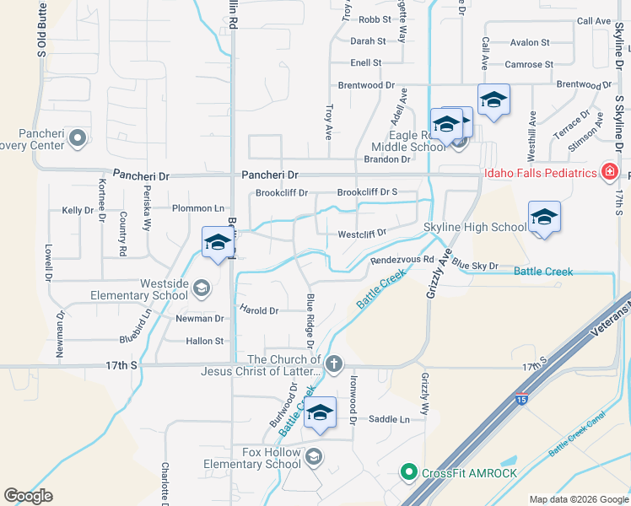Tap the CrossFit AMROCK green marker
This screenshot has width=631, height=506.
pos(409,471)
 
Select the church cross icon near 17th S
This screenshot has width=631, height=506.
pos(334,364)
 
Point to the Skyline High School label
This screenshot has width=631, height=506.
pos(475,227)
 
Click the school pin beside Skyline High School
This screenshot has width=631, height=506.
pos(544,218)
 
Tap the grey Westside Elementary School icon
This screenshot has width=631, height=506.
pos(201,289)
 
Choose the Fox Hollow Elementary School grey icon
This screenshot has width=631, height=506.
pos(313,457)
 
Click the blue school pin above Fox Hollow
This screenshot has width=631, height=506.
pos(320,413)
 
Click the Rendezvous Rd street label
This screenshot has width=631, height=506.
pos(402,260)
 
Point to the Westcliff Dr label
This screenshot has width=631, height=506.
pos(362,234)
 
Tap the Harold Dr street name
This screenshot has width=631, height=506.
pos(259,310)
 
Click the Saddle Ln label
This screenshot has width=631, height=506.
pos(388,419)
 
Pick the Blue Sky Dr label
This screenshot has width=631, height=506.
pos(476,265)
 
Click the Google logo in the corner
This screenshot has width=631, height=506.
pos(29,495)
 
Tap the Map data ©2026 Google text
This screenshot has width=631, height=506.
pos(579,499)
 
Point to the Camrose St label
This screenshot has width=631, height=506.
pos(529,64)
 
